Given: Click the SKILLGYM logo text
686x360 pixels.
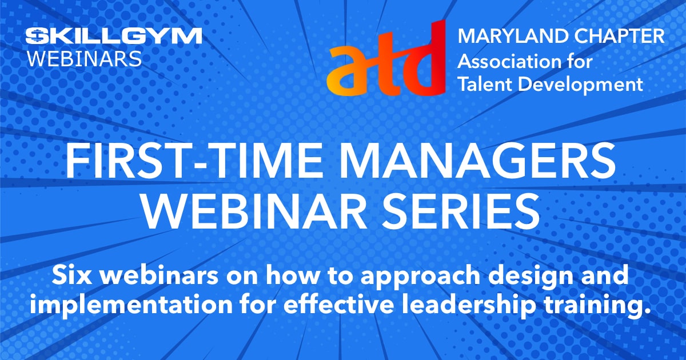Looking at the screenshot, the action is click(114, 36).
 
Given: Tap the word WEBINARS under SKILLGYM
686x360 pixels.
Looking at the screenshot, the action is click(85, 59).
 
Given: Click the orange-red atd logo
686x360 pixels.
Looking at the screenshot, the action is click(386, 58).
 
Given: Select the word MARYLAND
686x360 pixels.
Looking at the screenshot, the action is click(513, 36).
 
